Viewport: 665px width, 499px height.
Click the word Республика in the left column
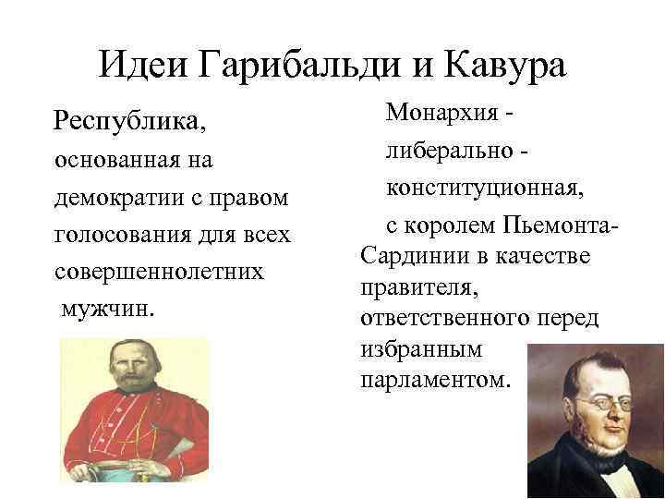coord(130,121)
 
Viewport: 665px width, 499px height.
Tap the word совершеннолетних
coord(159,274)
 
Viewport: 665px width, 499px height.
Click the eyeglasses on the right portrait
coord(596,404)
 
